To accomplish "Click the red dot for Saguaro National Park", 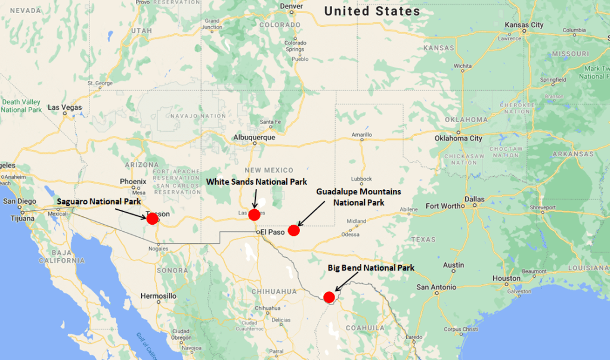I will point(152,219).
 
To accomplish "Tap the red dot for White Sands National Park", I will point(254,215).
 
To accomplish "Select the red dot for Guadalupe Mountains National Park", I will point(293,230).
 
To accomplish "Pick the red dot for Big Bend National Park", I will point(329,297).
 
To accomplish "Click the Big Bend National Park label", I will point(371,268).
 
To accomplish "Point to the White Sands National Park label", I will point(256,181).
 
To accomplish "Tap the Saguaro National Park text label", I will point(99,202).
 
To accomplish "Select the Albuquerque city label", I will point(254,137).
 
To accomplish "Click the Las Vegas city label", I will point(64,107).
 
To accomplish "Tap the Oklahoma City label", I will point(459,138).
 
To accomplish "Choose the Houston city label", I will point(506,278).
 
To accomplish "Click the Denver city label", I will point(291,7).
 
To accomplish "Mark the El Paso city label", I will point(273,231).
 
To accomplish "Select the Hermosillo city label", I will point(158,296).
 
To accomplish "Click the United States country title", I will point(372,11).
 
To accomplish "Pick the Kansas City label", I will point(524,25).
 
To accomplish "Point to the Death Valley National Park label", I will point(21,105).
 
